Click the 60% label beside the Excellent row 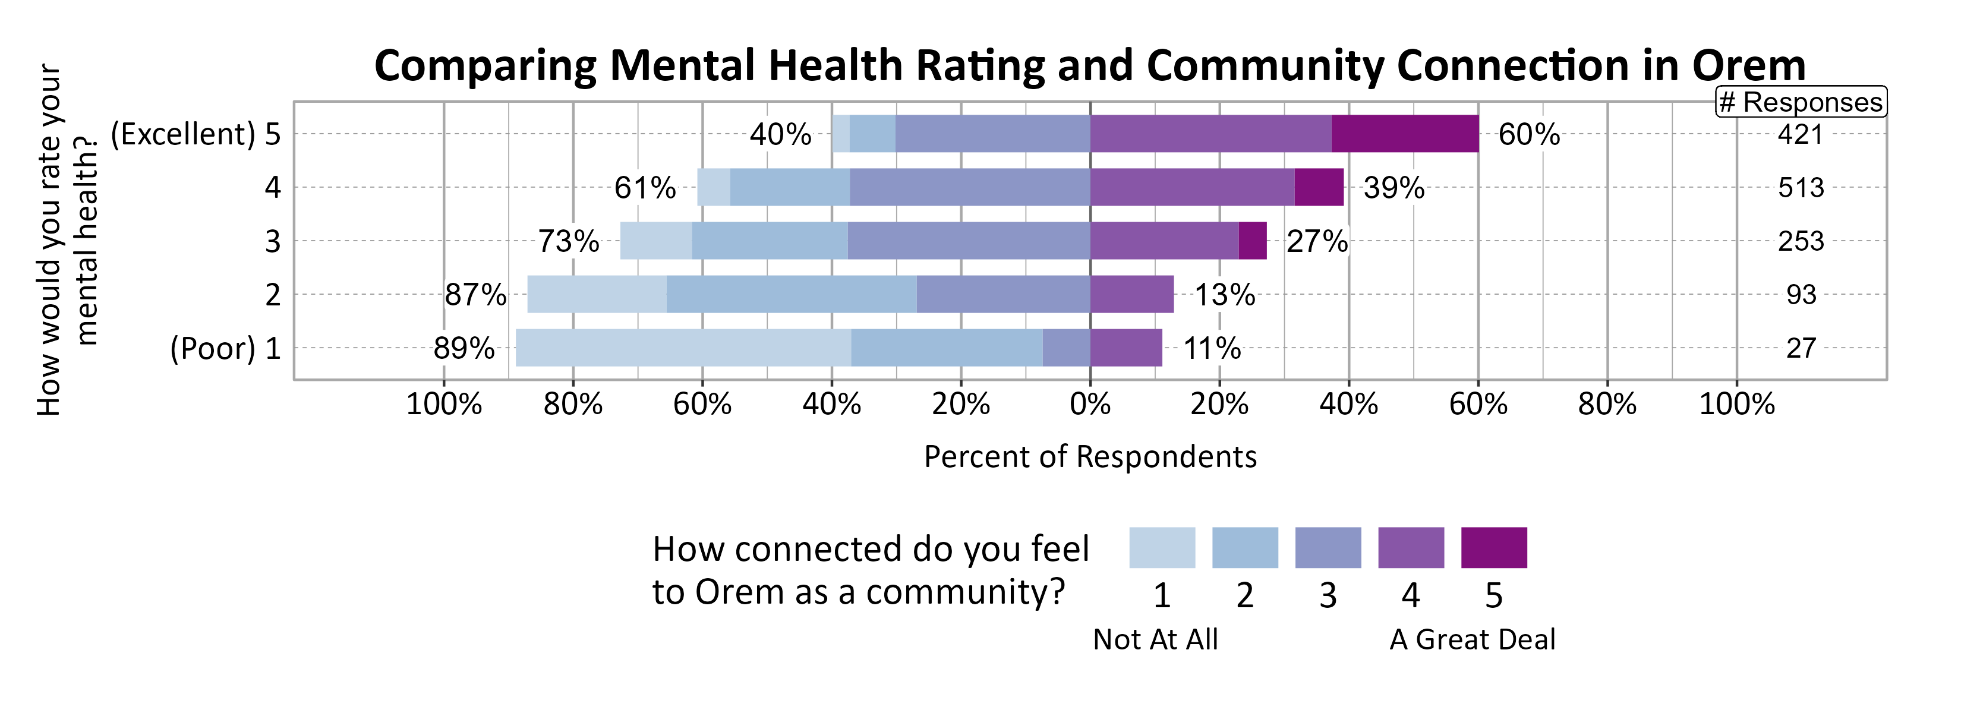1528,135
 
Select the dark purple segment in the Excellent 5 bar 1405,134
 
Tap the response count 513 1801,187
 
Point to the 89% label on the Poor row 464,349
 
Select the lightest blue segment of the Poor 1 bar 683,348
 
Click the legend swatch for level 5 1493,547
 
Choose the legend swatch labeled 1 1162,547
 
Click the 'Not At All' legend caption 1155,639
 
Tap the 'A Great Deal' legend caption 1471,639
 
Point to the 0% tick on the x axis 1089,404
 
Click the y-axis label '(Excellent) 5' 196,135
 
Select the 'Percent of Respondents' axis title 1089,456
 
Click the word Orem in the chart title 1749,65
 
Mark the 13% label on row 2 1224,295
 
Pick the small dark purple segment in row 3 1252,241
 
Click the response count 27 1801,349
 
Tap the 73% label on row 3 569,241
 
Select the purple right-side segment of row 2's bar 1131,295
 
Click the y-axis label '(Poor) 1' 225,349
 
